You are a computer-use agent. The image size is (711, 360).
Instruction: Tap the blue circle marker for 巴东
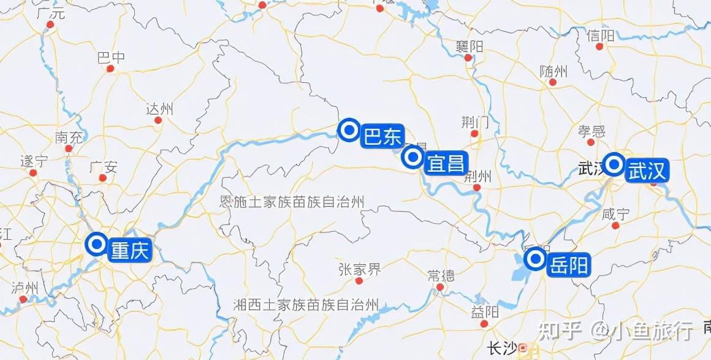(350, 130)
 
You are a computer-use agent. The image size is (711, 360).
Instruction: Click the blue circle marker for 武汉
(614, 164)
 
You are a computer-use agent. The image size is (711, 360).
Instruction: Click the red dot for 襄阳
(468, 58)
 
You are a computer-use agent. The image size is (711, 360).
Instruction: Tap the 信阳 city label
(600, 36)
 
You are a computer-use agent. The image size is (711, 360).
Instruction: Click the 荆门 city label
(475, 121)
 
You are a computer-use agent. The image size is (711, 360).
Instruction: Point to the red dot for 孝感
(591, 142)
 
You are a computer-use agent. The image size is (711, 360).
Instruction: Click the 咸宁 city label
(616, 214)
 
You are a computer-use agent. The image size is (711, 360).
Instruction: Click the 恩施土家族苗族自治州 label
(292, 202)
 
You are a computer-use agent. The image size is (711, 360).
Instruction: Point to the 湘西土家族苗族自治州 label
(306, 304)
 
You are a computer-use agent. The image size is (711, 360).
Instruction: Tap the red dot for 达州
(159, 121)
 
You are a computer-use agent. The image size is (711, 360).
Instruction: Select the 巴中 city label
(111, 57)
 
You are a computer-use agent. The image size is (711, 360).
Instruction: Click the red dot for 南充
(69, 148)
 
